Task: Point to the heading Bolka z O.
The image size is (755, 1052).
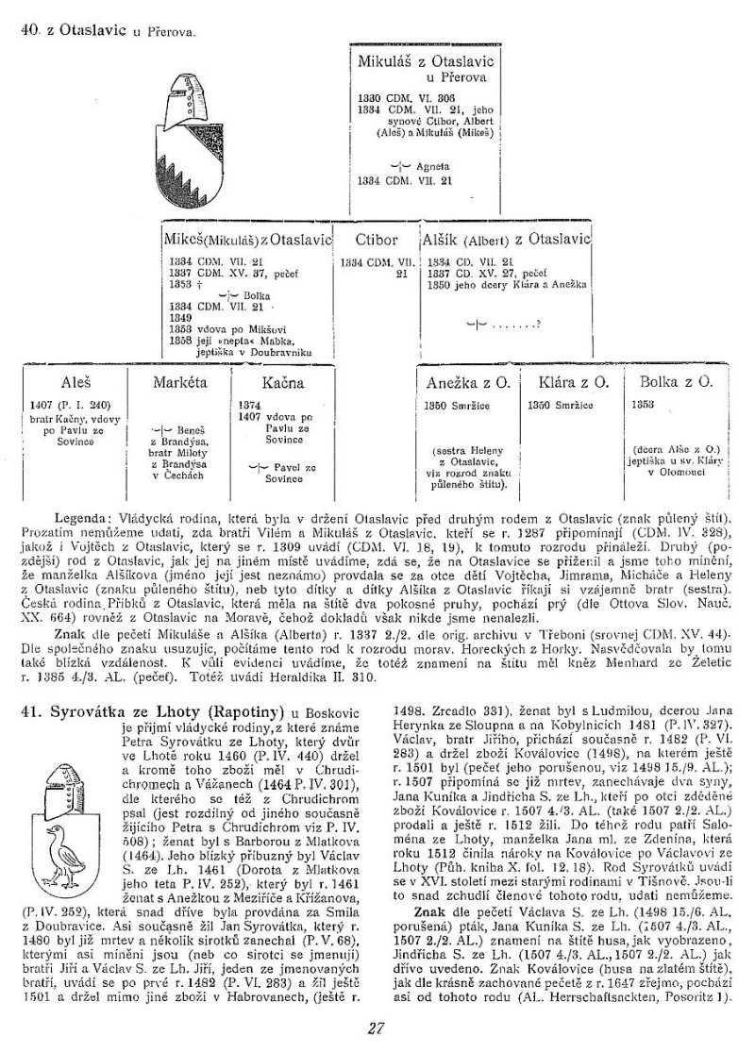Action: [x=675, y=384]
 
